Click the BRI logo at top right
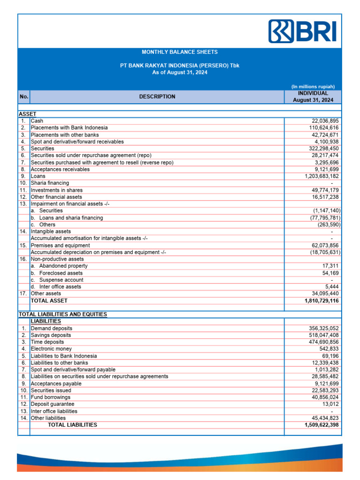point(302,31)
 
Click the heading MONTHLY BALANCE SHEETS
point(180,52)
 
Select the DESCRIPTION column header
point(157,97)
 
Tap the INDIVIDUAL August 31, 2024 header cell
point(313,97)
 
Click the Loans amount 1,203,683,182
point(317,176)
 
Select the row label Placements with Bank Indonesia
point(69,127)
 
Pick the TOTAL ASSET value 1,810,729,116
point(317,300)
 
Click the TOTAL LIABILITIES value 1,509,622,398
point(317,425)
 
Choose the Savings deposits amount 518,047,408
point(321,335)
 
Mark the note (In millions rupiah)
point(313,86)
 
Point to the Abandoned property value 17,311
point(330,266)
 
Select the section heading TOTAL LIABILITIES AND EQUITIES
point(63,314)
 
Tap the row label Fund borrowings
point(51,397)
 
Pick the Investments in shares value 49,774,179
point(322,190)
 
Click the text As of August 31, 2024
point(180,72)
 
